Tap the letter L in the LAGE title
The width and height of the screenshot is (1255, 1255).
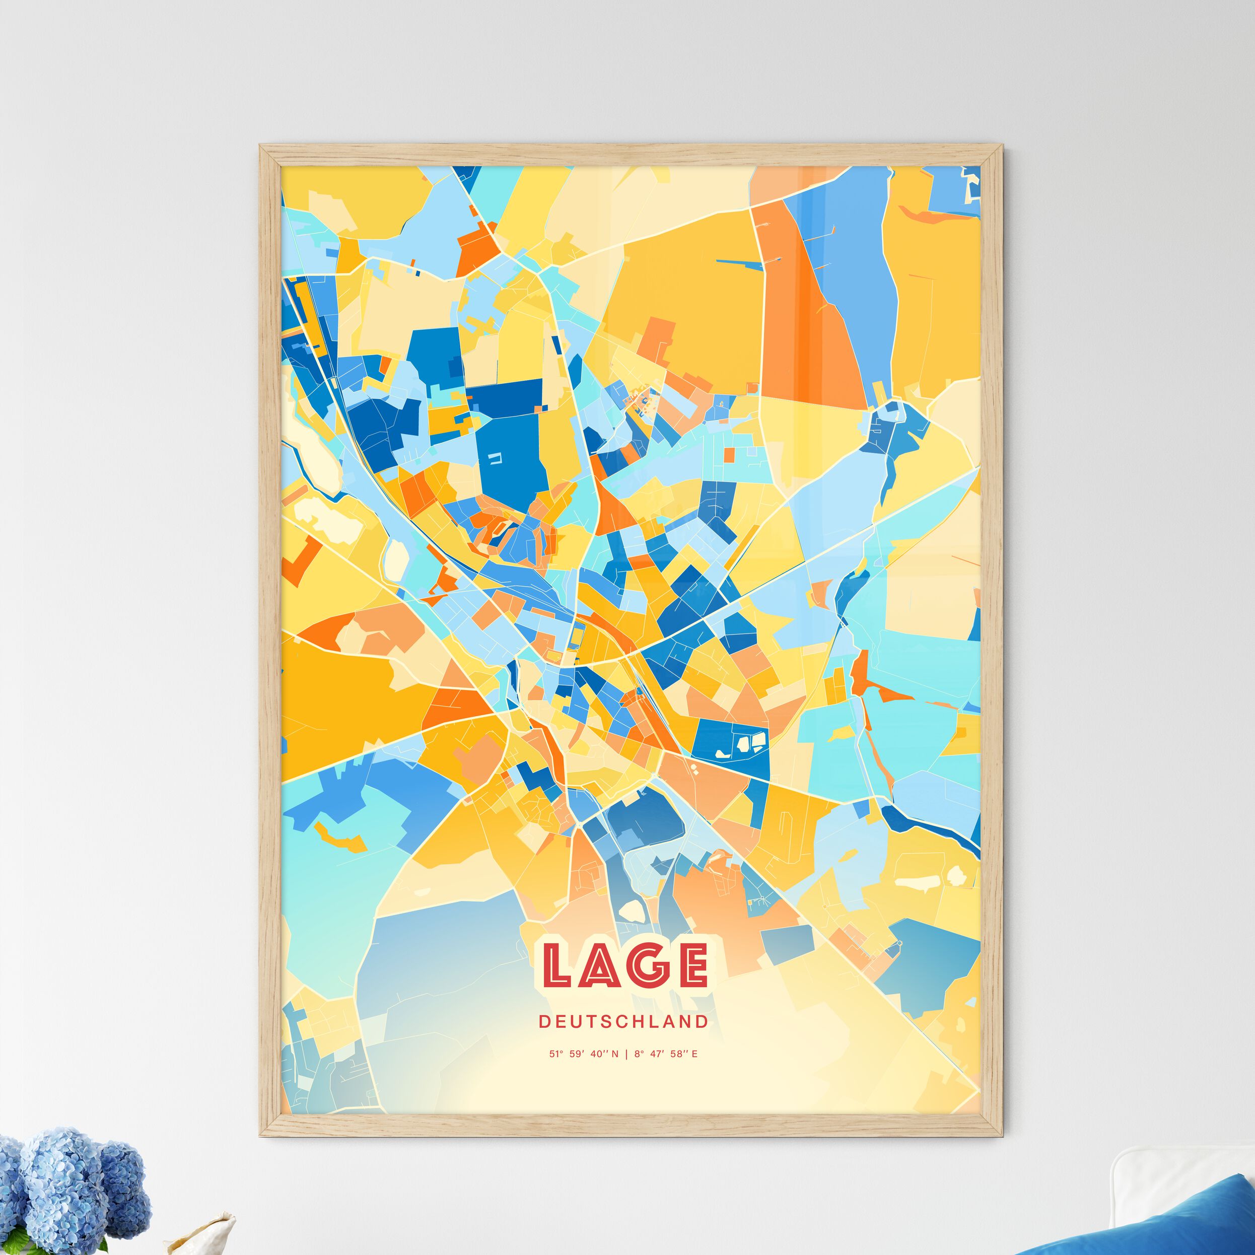click(556, 964)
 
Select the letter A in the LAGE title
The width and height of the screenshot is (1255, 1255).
click(600, 964)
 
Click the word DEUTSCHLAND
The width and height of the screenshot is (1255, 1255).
click(623, 1022)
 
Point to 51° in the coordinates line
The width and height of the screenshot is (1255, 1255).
click(556, 1054)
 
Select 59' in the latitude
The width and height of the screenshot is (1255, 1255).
click(577, 1054)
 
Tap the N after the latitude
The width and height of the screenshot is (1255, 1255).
click(614, 1054)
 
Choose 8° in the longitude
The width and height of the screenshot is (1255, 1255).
click(638, 1054)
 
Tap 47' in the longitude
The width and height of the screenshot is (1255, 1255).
click(657, 1054)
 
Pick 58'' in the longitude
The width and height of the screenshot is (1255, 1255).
click(678, 1054)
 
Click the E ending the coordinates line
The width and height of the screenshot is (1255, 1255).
click(694, 1054)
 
